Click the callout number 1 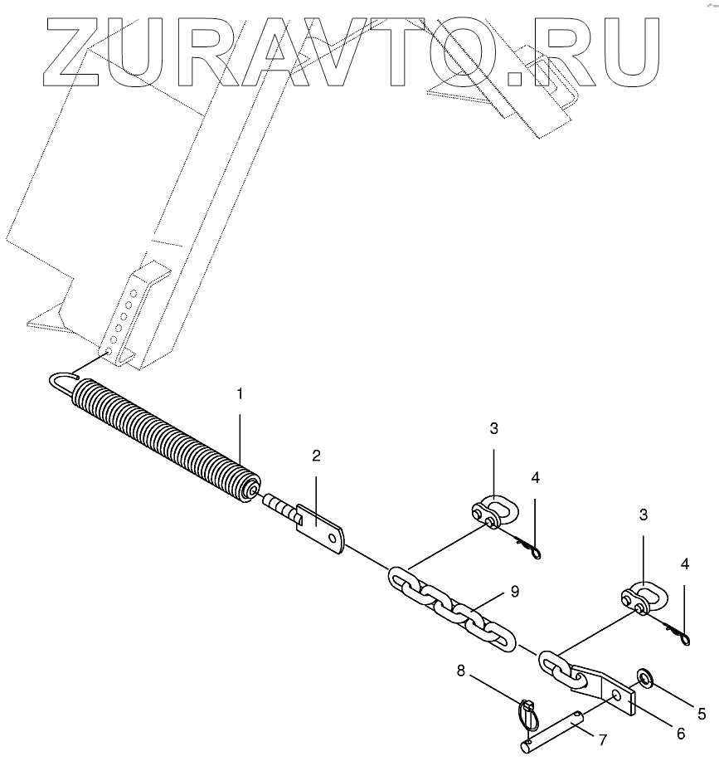pyautogui.click(x=240, y=394)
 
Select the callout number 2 pyautogui.click(x=316, y=456)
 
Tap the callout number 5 pyautogui.click(x=701, y=713)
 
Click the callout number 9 pyautogui.click(x=514, y=592)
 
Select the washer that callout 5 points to pyautogui.click(x=644, y=681)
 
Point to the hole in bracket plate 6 pyautogui.click(x=615, y=694)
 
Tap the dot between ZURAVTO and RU pyautogui.click(x=520, y=76)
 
